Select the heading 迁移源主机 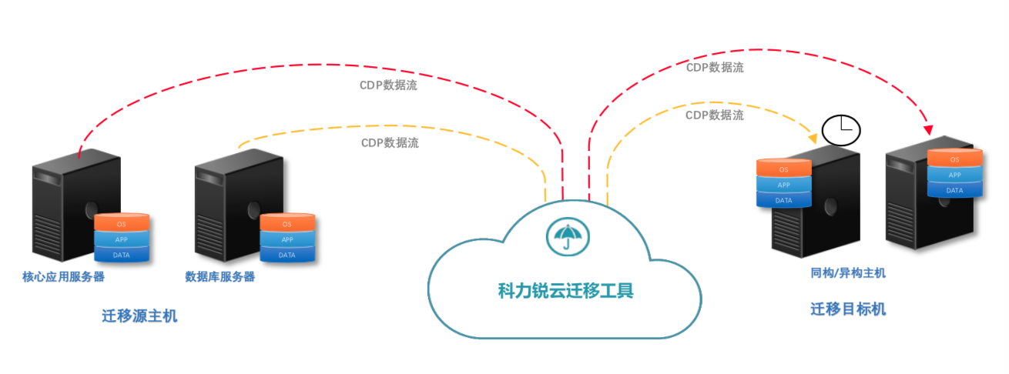click(139, 316)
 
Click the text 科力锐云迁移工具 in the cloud click(565, 291)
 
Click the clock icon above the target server click(841, 130)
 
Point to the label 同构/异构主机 click(848, 272)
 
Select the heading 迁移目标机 click(848, 309)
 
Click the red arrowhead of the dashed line click(928, 130)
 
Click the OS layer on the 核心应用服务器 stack click(121, 224)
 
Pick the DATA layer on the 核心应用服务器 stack click(121, 255)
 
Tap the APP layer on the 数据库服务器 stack click(287, 239)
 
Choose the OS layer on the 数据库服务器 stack click(287, 224)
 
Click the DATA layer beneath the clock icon click(783, 200)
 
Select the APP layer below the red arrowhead click(954, 175)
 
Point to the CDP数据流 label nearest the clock click(715, 115)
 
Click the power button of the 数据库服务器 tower click(253, 209)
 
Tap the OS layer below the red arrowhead click(954, 159)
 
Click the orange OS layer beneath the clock click(783, 169)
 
